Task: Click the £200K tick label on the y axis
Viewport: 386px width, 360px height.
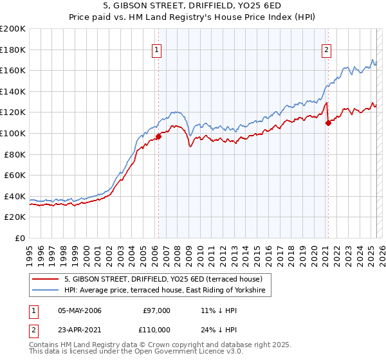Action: click(13, 28)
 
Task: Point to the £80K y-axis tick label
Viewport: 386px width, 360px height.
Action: click(15, 154)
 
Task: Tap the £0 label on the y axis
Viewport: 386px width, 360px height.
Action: click(20, 238)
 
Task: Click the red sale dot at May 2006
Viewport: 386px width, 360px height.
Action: click(158, 136)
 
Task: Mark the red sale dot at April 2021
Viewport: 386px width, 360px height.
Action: click(328, 123)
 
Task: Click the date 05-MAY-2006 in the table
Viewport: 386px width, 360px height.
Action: click(79, 310)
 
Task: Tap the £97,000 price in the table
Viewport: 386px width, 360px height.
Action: click(156, 310)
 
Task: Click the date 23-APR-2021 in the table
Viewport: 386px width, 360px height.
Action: click(79, 329)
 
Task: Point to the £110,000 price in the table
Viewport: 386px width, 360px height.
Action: click(156, 329)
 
